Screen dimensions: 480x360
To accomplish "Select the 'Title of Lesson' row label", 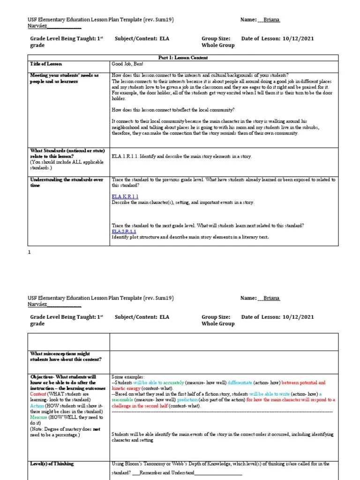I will pos(46,64).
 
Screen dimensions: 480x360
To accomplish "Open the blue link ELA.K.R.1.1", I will pos(125,196).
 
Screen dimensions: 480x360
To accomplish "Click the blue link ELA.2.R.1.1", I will pos(124,231).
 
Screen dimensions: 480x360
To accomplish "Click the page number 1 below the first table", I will pos(30,252).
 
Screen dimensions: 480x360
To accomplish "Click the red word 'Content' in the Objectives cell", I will pos(39,394).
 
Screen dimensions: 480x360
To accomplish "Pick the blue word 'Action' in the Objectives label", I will pos(38,405).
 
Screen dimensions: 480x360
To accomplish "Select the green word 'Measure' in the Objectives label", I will pos(39,417).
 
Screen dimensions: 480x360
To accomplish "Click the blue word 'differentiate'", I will pos(240,383).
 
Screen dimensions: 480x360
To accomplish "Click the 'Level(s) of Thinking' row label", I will pos(52,464).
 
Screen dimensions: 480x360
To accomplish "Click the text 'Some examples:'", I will pos(128,377).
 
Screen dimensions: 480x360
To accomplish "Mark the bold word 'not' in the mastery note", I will pos(96,428).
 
